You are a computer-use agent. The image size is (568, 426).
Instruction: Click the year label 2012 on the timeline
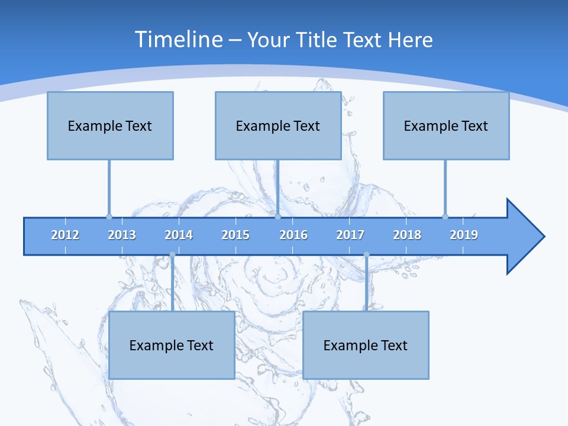(x=65, y=235)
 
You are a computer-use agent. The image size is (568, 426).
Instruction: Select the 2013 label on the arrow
(x=122, y=235)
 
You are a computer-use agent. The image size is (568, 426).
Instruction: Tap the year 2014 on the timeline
(x=179, y=235)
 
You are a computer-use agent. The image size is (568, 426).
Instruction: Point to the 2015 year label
(x=235, y=235)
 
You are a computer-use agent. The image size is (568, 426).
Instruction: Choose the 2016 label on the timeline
(x=293, y=235)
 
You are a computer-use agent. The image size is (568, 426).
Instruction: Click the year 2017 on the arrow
(x=350, y=235)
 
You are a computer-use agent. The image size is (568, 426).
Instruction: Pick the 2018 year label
(x=407, y=235)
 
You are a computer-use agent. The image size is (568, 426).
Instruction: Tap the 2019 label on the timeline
(x=464, y=235)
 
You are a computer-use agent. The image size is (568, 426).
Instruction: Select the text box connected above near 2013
(x=110, y=125)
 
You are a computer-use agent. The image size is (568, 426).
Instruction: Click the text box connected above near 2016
(x=278, y=125)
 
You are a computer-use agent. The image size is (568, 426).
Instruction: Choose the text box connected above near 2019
(x=446, y=125)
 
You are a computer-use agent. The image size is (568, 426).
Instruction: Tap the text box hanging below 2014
(x=172, y=345)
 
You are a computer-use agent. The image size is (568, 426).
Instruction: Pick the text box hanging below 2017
(x=366, y=345)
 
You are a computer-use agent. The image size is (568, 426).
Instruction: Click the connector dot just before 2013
(x=109, y=217)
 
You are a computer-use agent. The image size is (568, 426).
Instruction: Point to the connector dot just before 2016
(x=277, y=217)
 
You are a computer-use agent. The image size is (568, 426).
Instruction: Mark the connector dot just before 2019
(x=445, y=217)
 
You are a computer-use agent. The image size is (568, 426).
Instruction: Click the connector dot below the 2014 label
(x=172, y=254)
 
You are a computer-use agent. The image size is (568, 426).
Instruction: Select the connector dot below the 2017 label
(x=366, y=254)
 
